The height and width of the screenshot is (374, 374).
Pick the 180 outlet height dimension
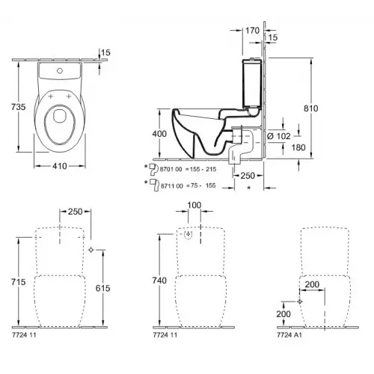click(299, 147)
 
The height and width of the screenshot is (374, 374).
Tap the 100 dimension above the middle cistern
click(194, 205)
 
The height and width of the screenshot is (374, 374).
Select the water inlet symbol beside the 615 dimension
click(90, 249)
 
